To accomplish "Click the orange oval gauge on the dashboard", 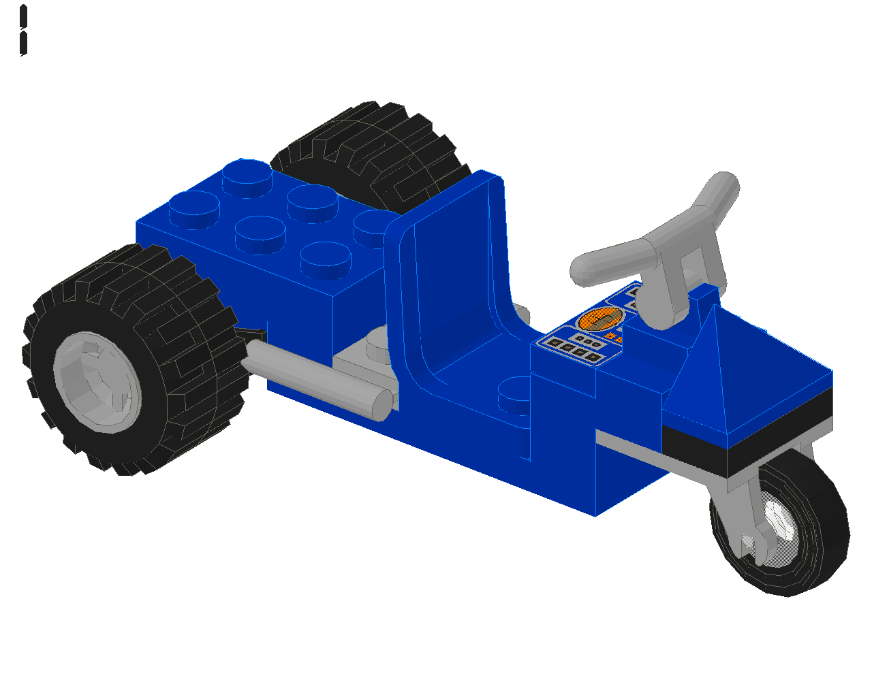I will pos(600,319).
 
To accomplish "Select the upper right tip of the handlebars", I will pos(723,185).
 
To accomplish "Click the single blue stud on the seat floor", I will pos(514,395).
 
